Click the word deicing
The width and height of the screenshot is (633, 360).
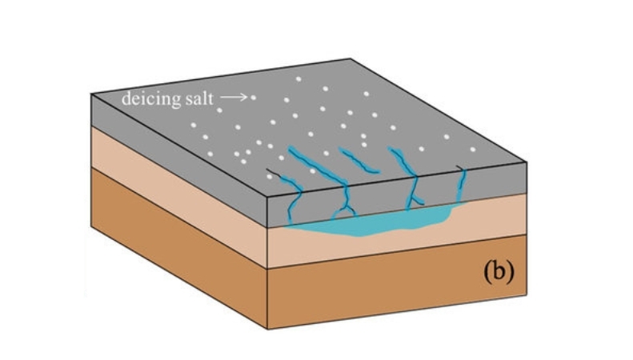pyautogui.click(x=147, y=99)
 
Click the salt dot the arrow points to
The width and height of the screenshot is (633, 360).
pyautogui.click(x=254, y=98)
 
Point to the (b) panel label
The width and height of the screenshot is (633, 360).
pyautogui.click(x=497, y=272)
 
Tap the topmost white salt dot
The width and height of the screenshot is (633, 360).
pyautogui.click(x=298, y=78)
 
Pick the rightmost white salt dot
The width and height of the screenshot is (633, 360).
pyautogui.click(x=473, y=149)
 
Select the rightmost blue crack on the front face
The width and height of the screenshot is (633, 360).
pyautogui.click(x=462, y=188)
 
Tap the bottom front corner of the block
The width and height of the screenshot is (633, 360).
pyautogui.click(x=268, y=329)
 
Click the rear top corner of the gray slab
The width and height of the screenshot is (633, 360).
pyautogui.click(x=351, y=59)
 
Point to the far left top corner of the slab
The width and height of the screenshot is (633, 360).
pyautogui.click(x=91, y=94)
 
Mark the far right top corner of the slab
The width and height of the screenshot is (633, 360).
pyautogui.click(x=525, y=162)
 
